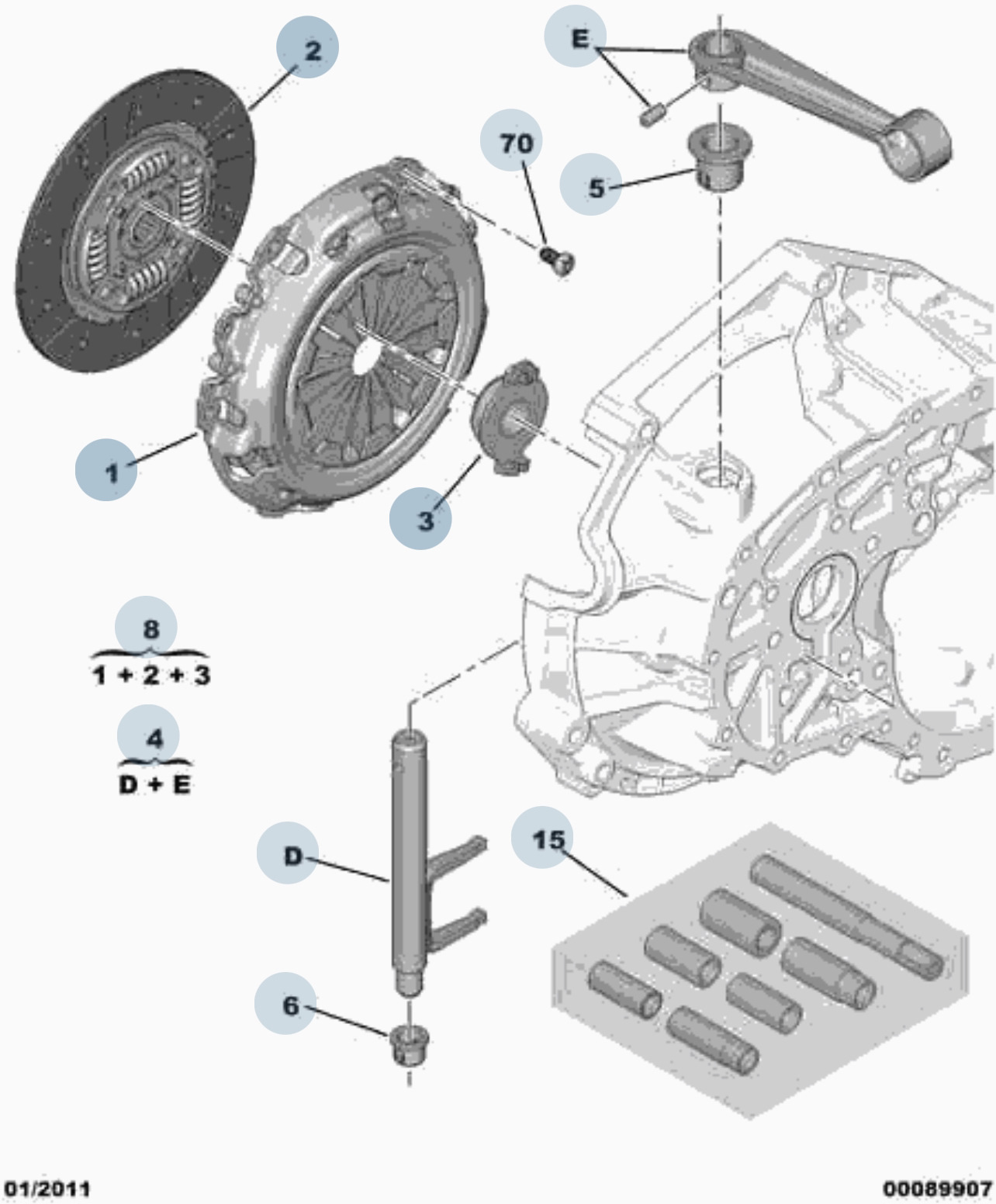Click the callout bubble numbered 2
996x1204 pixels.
(307, 47)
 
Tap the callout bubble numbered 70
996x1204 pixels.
(511, 140)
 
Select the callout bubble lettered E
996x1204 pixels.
(575, 36)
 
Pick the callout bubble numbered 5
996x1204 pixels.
(590, 185)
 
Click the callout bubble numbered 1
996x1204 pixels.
(106, 469)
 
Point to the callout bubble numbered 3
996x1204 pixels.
(420, 517)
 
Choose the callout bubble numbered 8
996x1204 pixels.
(146, 627)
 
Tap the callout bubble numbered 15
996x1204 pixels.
(542, 837)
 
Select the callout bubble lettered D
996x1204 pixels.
(288, 853)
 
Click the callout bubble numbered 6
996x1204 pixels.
(285, 1003)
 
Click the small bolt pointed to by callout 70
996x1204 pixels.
(558, 261)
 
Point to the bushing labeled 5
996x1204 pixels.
(721, 155)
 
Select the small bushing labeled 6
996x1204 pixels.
(409, 1045)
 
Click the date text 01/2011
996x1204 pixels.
(47, 1189)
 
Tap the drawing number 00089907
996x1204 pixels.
(937, 1189)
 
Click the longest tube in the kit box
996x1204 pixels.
(846, 917)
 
